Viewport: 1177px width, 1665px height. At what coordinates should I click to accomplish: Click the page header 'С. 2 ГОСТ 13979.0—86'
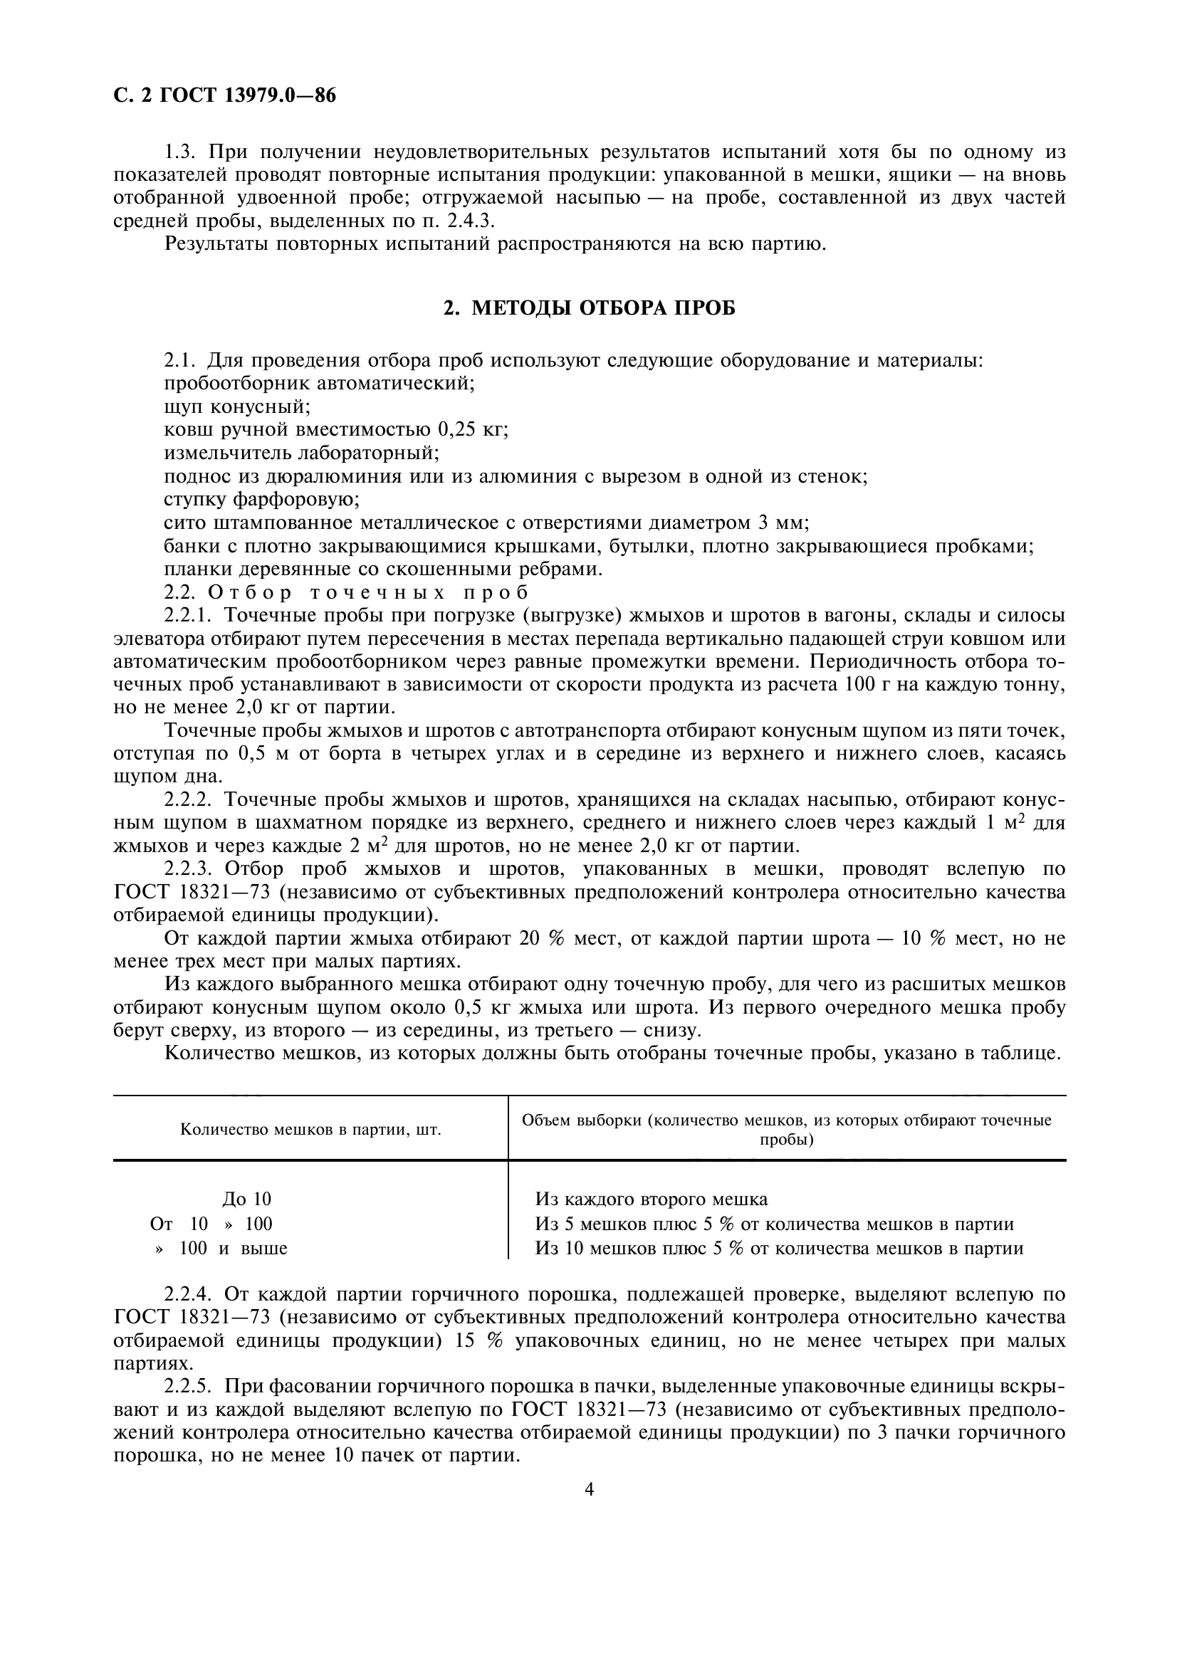(225, 95)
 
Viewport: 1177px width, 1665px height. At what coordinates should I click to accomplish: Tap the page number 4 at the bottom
(589, 1489)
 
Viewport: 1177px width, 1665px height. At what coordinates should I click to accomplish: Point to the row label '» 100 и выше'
(221, 1248)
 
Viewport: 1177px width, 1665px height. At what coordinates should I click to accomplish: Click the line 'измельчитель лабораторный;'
(302, 453)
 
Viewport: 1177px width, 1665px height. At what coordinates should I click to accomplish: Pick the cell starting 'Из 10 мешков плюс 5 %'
(779, 1248)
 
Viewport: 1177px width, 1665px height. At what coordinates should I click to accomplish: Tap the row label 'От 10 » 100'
(211, 1224)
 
